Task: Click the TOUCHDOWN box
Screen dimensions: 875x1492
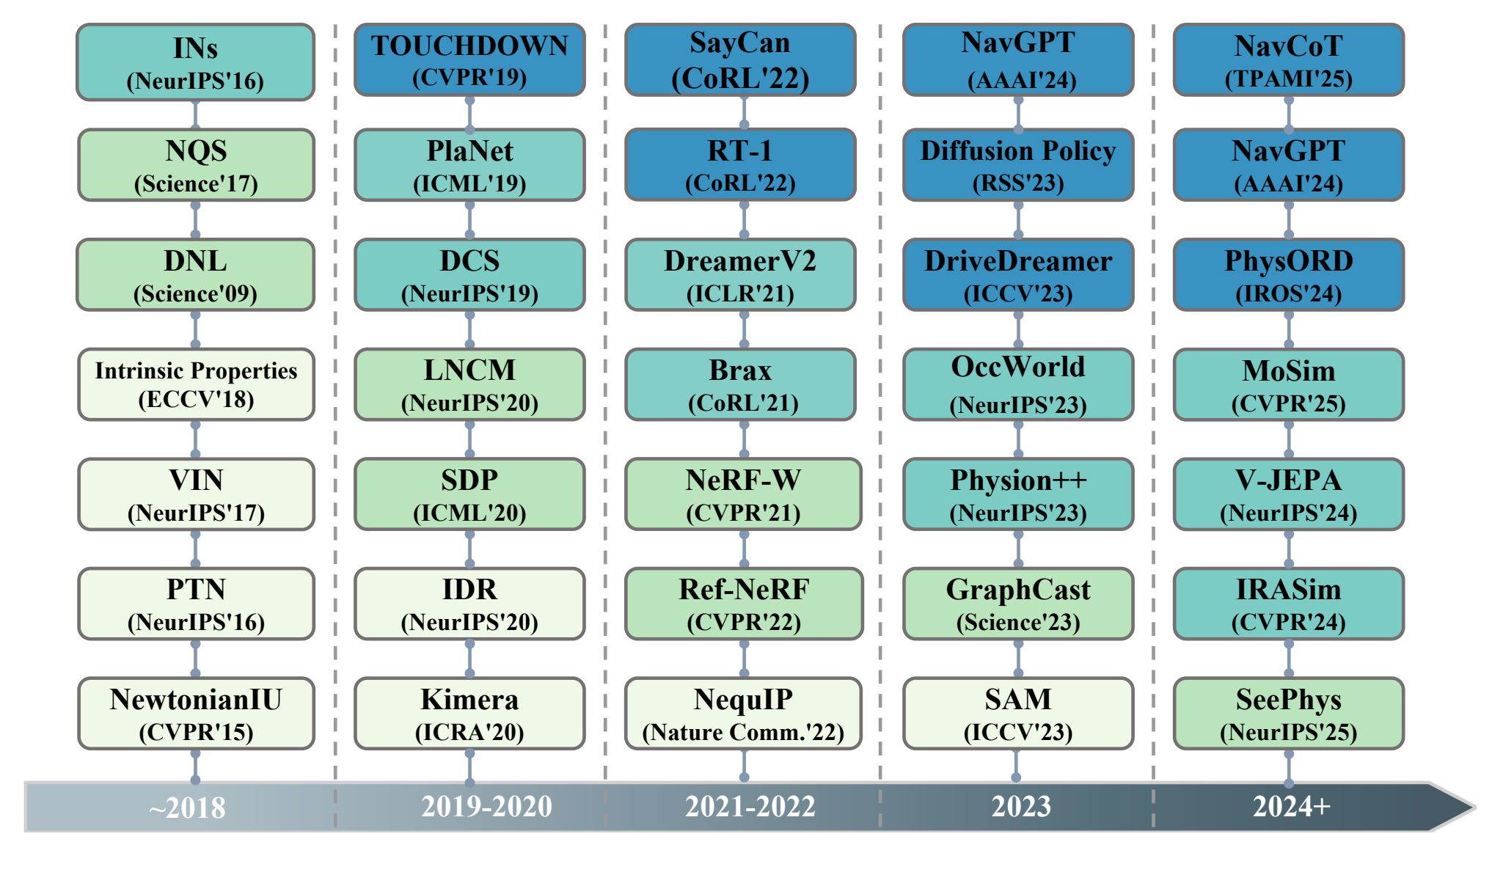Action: pyautogui.click(x=469, y=59)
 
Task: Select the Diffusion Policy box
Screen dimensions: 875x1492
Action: pyautogui.click(x=1018, y=165)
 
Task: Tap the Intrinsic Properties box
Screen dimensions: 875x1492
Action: pyautogui.click(x=196, y=384)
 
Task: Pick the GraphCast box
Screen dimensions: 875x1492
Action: pyautogui.click(x=1018, y=604)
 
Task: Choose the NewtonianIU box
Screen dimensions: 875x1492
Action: pyautogui.click(x=196, y=714)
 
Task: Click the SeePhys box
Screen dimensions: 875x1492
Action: pyautogui.click(x=1289, y=714)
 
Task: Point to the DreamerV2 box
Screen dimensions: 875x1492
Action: pyautogui.click(x=740, y=275)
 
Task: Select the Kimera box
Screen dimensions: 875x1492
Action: pyautogui.click(x=469, y=714)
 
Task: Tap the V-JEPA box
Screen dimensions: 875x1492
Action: pyautogui.click(x=1289, y=494)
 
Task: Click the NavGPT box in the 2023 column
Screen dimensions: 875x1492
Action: pyautogui.click(x=1018, y=59)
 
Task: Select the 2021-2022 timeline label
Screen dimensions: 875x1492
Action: pyautogui.click(x=750, y=807)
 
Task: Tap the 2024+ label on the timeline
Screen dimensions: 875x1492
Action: pyautogui.click(x=1291, y=807)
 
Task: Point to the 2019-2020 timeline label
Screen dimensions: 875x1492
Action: pyautogui.click(x=486, y=807)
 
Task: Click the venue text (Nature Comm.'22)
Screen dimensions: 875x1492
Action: pyautogui.click(x=743, y=732)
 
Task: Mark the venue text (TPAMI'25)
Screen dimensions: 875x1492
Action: pyautogui.click(x=1289, y=78)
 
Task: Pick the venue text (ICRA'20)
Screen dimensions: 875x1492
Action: pyautogui.click(x=469, y=732)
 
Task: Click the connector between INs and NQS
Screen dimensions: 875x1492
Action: pyautogui.click(x=195, y=114)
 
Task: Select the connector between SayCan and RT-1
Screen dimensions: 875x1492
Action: pyautogui.click(x=744, y=112)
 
